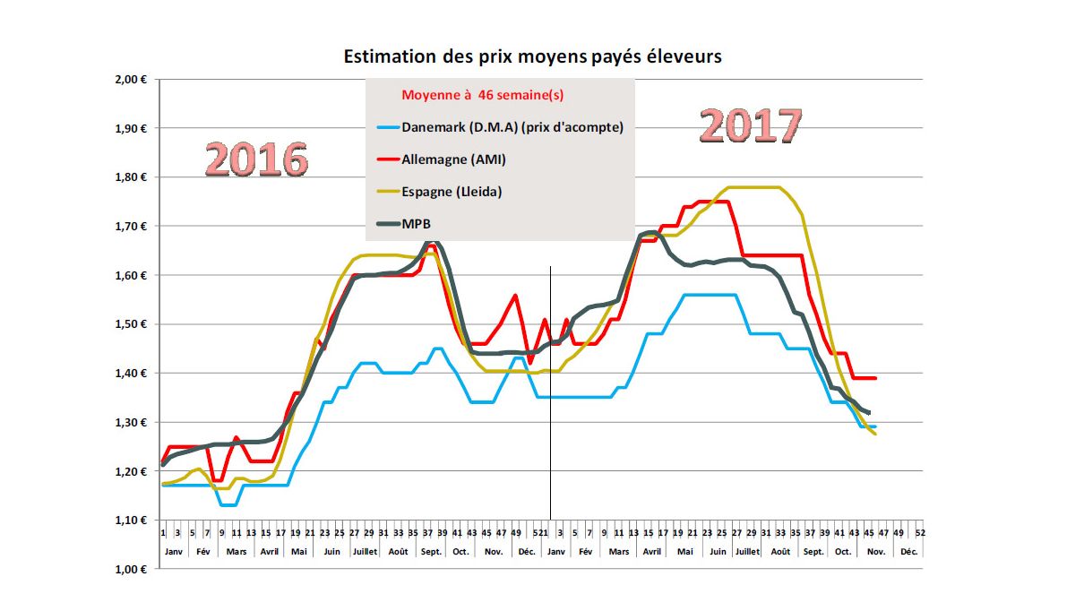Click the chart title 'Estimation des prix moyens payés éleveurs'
coord(533,56)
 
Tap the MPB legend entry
coord(417,224)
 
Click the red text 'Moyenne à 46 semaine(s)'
coord(482,94)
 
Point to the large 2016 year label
coord(256,160)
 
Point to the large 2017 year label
coord(750,126)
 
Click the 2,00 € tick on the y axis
coord(131,80)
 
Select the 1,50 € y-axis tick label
coord(131,324)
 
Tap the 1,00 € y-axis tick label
coord(131,569)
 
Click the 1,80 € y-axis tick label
coord(131,177)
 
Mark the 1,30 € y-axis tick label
coord(131,422)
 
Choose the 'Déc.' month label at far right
coord(908,552)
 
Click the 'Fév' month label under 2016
coord(203,552)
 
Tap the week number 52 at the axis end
coord(919,532)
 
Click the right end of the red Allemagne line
coord(874,378)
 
